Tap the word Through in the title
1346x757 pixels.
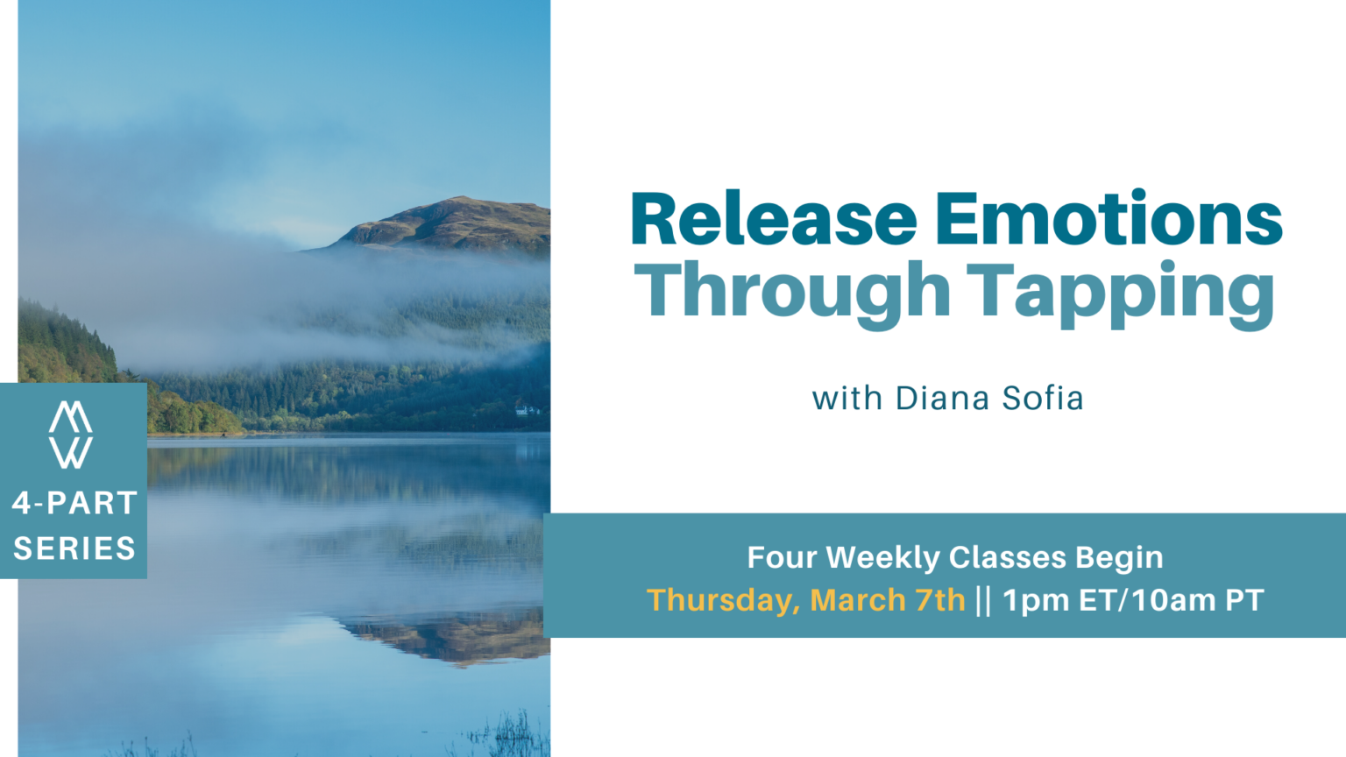(x=792, y=292)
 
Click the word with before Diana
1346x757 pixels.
(x=847, y=399)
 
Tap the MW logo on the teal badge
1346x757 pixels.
(x=71, y=435)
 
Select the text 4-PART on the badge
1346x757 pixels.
(x=74, y=503)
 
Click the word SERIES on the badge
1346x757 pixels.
(x=74, y=548)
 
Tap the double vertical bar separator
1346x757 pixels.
(x=983, y=600)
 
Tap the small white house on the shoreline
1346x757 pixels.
(x=526, y=409)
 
